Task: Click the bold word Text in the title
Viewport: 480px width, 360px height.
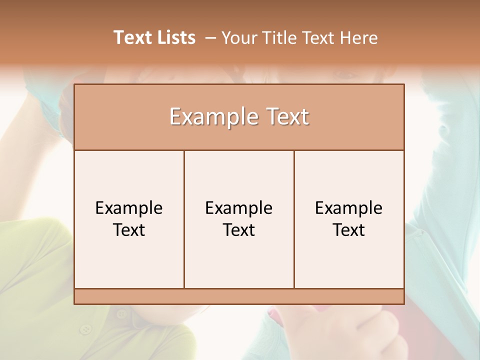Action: click(132, 37)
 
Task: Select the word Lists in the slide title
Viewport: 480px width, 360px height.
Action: click(175, 37)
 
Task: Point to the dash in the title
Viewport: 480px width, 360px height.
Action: click(210, 38)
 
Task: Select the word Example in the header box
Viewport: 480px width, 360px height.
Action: click(209, 117)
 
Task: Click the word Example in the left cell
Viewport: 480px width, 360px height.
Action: click(129, 208)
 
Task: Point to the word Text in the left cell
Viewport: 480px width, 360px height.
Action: click(129, 230)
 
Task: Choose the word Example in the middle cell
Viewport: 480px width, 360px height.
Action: click(239, 208)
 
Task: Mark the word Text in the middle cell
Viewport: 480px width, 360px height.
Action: click(239, 230)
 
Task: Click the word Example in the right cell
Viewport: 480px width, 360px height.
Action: click(349, 208)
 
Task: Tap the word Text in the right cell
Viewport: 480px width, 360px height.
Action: click(349, 230)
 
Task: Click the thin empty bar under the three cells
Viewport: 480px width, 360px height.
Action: click(239, 296)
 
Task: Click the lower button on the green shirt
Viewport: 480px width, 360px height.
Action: click(86, 329)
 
